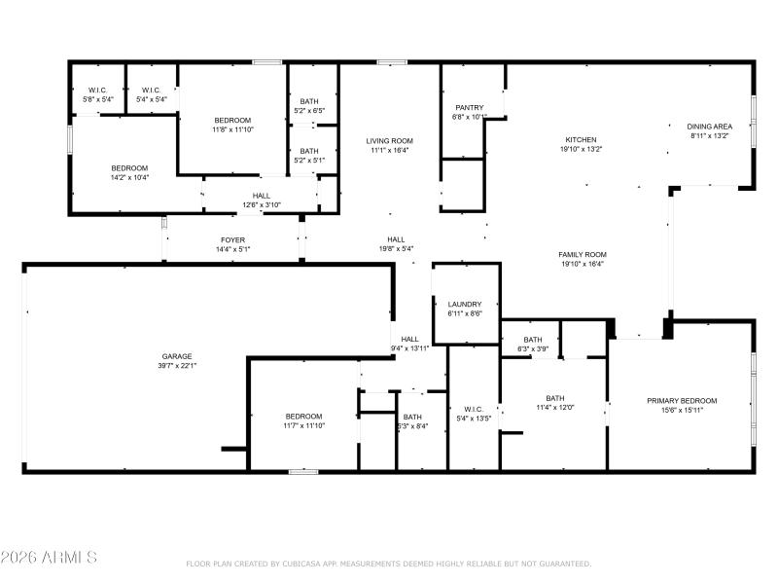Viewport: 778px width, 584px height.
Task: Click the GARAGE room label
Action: point(177,356)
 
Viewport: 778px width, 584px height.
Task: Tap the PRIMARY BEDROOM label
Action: point(682,401)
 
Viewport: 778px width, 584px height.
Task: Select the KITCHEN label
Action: point(582,140)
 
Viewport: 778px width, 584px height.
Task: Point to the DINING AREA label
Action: point(709,127)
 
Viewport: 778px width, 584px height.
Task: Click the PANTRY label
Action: point(470,108)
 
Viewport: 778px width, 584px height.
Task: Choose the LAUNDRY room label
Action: point(465,305)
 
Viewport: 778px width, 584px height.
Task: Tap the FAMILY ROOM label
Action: point(583,254)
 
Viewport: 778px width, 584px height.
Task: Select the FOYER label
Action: point(232,239)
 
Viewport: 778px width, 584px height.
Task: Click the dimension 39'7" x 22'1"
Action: point(177,366)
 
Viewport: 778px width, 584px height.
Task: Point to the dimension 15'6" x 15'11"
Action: point(682,411)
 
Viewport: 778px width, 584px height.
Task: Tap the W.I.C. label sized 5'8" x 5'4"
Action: point(98,91)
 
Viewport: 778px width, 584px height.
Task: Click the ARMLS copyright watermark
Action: point(49,558)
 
